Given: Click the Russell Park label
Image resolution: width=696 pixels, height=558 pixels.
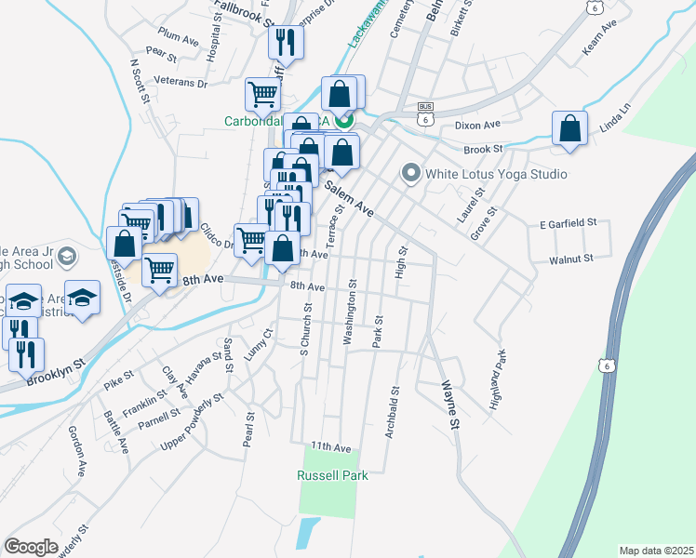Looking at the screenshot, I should point(332,475).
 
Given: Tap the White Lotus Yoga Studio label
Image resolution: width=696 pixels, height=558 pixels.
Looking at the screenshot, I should point(496,174).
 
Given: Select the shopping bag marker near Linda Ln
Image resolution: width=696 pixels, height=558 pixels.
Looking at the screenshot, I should point(569,129).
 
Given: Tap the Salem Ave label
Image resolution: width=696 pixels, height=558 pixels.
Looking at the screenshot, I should point(349,200).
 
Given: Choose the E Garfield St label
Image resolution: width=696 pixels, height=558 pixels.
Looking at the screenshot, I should point(567,224).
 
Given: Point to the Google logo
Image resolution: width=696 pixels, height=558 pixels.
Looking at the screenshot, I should point(31,547).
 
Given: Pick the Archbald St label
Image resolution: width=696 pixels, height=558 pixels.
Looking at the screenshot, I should point(393,412).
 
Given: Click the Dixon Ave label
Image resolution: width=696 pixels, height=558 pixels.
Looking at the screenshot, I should point(477,125).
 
